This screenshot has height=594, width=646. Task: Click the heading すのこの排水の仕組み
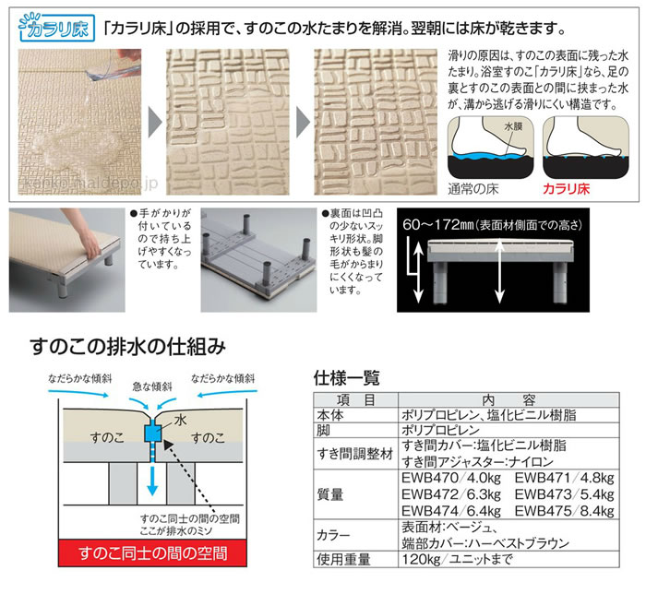pos(127,348)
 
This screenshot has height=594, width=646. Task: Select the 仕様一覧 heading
pos(347,377)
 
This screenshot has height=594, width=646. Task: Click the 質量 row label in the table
pos(331,494)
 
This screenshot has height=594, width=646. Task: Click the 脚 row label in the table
pos(319,430)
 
